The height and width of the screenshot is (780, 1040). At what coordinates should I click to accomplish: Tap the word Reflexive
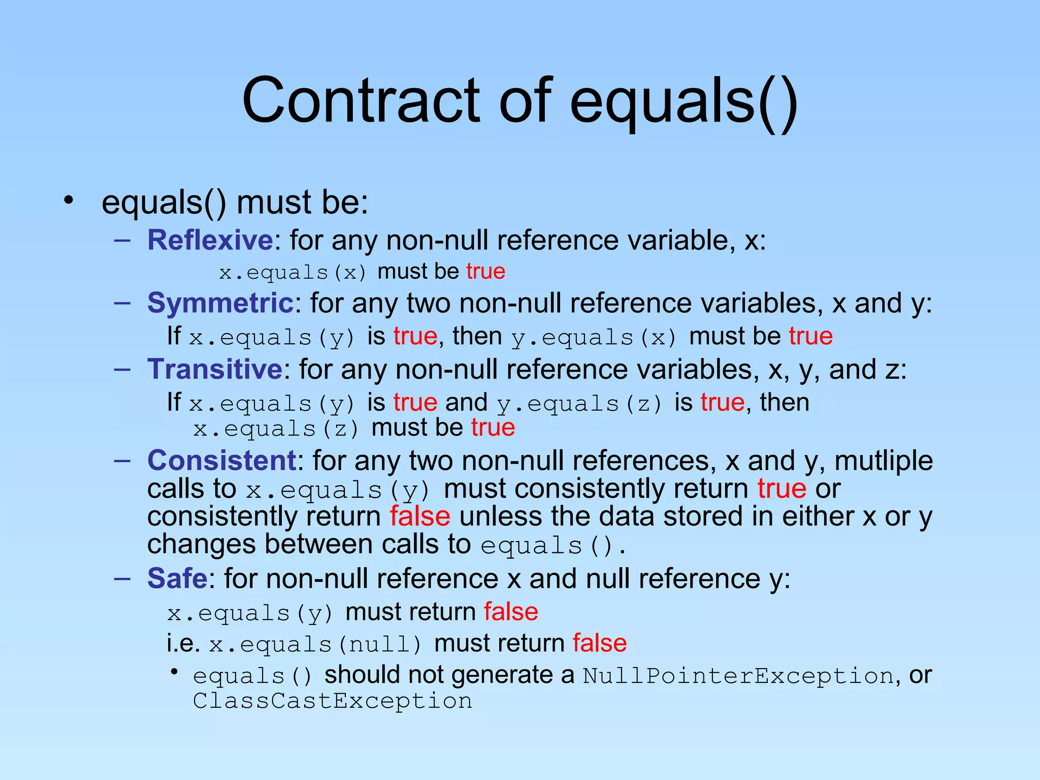tap(210, 240)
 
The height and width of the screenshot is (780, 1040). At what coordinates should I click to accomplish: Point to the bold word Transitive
tap(214, 369)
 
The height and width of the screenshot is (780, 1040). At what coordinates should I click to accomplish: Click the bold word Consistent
tap(222, 461)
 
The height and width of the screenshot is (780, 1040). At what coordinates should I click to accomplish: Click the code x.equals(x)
tap(293, 273)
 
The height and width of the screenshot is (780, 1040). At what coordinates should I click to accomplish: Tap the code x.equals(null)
tap(315, 644)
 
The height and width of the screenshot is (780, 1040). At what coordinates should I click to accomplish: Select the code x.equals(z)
tap(276, 429)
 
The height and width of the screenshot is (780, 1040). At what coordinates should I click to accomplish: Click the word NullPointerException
tap(738, 676)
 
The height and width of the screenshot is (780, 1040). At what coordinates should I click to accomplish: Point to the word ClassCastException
tap(333, 701)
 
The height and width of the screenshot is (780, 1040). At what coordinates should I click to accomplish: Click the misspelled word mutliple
tap(884, 461)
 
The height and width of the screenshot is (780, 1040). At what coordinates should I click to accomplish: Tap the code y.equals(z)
tap(580, 404)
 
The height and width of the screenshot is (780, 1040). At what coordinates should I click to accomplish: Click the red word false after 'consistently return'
tap(420, 516)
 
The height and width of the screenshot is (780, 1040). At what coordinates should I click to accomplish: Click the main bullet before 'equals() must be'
tap(69, 200)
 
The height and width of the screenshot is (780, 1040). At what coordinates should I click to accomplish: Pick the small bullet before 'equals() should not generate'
tap(174, 672)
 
